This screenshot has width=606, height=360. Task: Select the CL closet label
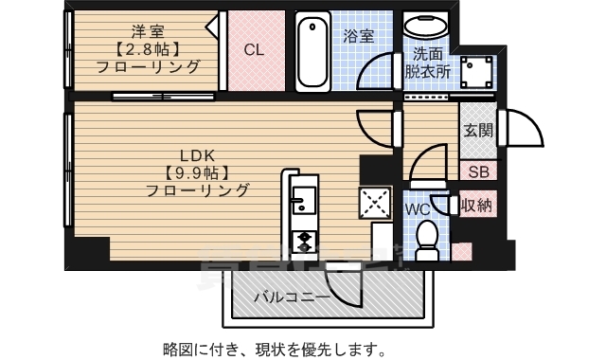pyautogui.click(x=254, y=50)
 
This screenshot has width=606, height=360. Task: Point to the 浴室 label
pyautogui.click(x=359, y=35)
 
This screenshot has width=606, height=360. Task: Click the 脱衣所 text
pyautogui.click(x=428, y=70)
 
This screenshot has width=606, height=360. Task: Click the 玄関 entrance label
pyautogui.click(x=475, y=132)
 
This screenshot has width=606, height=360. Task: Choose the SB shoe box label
pyautogui.click(x=475, y=171)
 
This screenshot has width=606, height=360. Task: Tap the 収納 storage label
pyautogui.click(x=475, y=205)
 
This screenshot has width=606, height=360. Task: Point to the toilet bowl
pyautogui.click(x=425, y=238)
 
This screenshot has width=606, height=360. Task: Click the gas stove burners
pyautogui.click(x=304, y=240)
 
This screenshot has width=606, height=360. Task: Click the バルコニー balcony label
pyautogui.click(x=292, y=297)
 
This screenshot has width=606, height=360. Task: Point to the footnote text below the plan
pyautogui.click(x=275, y=346)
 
